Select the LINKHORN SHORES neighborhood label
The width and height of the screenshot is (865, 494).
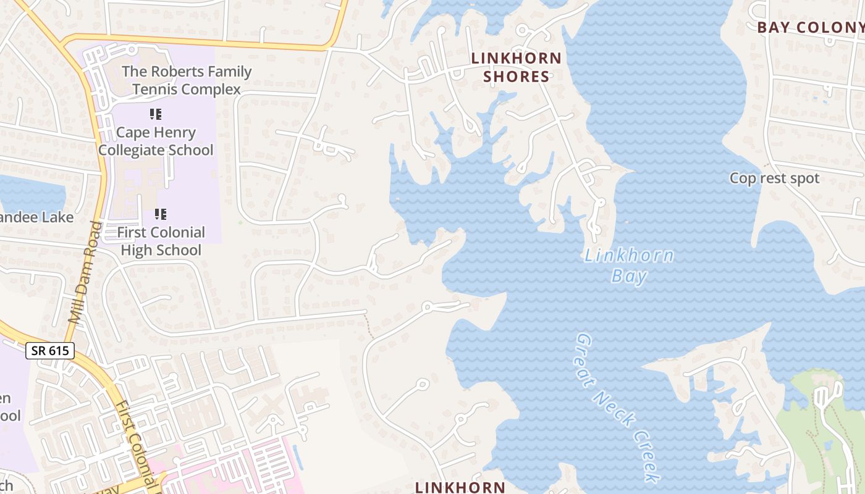517,67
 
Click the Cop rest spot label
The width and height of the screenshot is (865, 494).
774,178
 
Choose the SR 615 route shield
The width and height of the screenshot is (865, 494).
50,351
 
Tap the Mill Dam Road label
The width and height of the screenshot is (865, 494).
85,272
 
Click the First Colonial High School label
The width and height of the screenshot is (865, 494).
161,241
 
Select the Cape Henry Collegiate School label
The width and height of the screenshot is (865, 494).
156,141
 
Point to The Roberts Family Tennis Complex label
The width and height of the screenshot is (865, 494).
187,80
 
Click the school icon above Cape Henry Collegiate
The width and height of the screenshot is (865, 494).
156,114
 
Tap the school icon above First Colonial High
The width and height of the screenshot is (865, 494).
161,214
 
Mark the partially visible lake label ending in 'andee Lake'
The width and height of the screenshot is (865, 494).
37,217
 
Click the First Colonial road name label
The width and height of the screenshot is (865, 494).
137,445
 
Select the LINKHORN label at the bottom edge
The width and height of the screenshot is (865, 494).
460,487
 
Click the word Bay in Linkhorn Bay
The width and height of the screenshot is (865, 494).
629,276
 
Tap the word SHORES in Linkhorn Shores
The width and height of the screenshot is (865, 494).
517,77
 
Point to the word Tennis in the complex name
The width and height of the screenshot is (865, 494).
154,90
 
